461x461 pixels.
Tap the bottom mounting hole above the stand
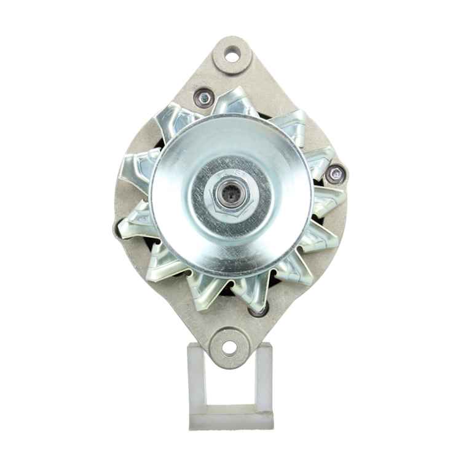[x=229, y=347]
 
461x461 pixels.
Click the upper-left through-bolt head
[x=203, y=96]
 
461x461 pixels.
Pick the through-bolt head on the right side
[x=335, y=174]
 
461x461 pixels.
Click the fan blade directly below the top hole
[x=237, y=101]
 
